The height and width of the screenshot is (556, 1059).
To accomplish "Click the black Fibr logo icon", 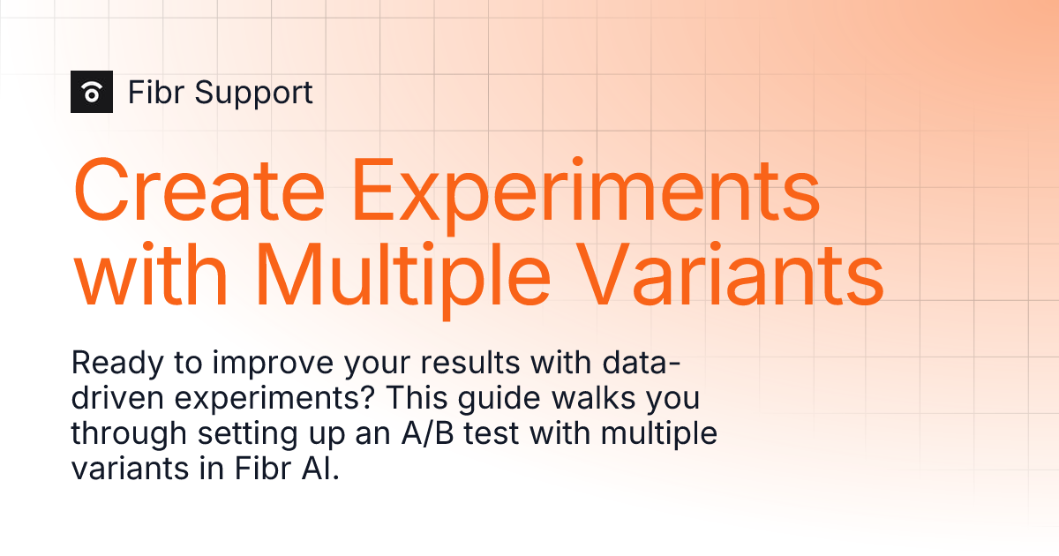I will point(92,92).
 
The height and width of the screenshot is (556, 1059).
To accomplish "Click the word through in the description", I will point(129,435).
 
